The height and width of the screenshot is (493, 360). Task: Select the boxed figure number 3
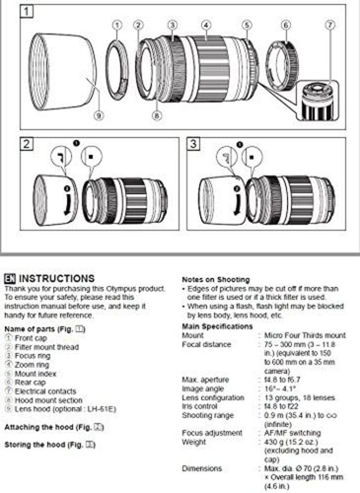(x=193, y=144)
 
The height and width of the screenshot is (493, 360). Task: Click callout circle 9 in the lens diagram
(x=98, y=115)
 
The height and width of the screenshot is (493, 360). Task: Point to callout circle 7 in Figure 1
(x=329, y=24)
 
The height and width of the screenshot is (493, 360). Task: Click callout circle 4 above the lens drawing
(x=205, y=24)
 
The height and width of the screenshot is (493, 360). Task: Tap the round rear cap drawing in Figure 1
(x=287, y=68)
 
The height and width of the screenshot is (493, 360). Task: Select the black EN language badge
(x=11, y=279)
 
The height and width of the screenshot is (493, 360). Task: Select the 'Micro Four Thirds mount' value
(x=291, y=335)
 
